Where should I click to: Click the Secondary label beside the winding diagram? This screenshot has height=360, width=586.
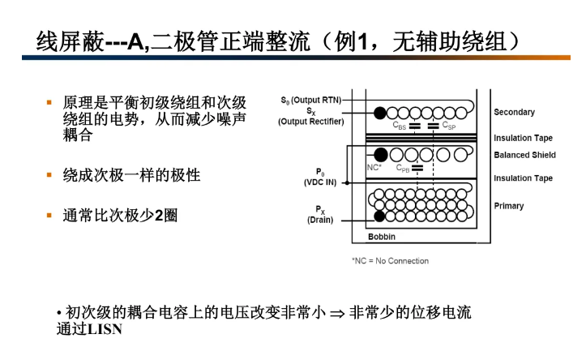pyautogui.click(x=514, y=112)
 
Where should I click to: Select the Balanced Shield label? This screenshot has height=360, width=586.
pyautogui.click(x=524, y=155)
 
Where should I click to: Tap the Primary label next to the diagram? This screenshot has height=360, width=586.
pyautogui.click(x=509, y=206)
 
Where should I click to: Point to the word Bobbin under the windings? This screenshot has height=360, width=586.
pyautogui.click(x=382, y=238)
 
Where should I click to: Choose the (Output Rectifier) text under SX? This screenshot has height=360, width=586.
pyautogui.click(x=311, y=122)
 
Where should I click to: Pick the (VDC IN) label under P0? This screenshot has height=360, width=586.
pyautogui.click(x=320, y=182)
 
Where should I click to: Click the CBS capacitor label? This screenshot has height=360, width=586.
pyautogui.click(x=400, y=126)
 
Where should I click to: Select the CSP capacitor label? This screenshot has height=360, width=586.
pyautogui.click(x=449, y=126)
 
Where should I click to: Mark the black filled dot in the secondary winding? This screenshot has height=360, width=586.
pyautogui.click(x=379, y=112)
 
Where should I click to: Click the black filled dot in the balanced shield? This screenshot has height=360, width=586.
pyautogui.click(x=379, y=153)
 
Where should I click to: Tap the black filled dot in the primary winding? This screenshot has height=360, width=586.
pyautogui.click(x=379, y=216)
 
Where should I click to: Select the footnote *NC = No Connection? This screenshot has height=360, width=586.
pyautogui.click(x=390, y=261)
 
